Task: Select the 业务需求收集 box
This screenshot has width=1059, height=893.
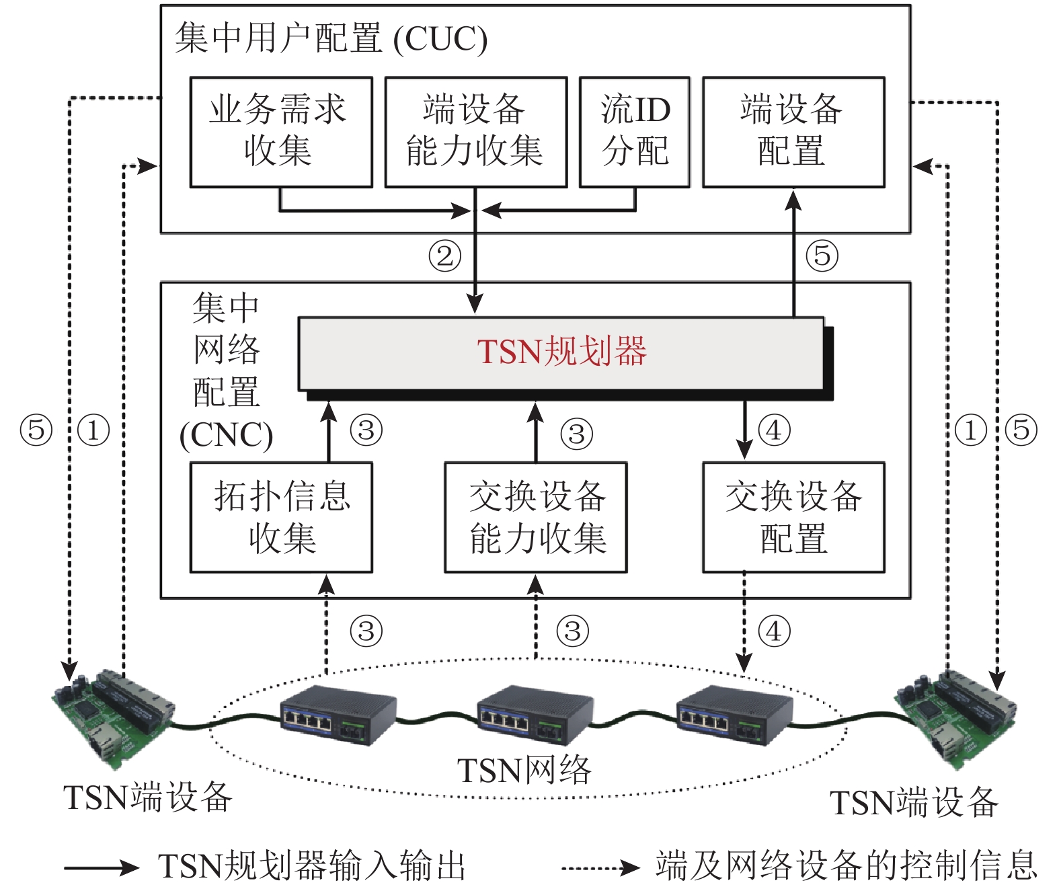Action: pyautogui.click(x=281, y=132)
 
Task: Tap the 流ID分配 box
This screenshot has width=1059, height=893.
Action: pyautogui.click(x=635, y=132)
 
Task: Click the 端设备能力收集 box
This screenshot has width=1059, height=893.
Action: pyautogui.click(x=475, y=132)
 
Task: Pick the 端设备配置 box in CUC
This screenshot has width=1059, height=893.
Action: pyautogui.click(x=793, y=132)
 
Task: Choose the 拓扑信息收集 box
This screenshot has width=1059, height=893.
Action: pyautogui.click(x=281, y=517)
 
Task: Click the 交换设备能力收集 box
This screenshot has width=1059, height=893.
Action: pyautogui.click(x=536, y=517)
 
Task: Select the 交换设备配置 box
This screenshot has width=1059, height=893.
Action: pyautogui.click(x=793, y=517)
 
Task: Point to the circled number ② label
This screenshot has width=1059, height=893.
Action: pyautogui.click(x=445, y=256)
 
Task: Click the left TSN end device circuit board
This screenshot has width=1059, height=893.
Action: pyautogui.click(x=113, y=717)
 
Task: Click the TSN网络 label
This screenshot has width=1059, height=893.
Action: pyautogui.click(x=524, y=771)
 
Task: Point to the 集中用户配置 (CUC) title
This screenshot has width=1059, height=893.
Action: pyautogui.click(x=331, y=38)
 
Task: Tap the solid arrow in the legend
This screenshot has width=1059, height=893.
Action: pyautogui.click(x=102, y=867)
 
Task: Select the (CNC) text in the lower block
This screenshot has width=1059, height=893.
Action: pyautogui.click(x=226, y=435)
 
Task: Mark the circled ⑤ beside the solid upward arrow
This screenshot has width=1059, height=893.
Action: pyautogui.click(x=822, y=256)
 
